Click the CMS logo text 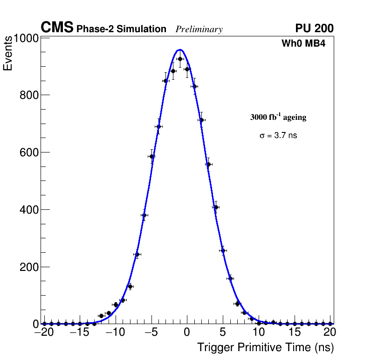(x=57, y=28)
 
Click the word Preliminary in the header (x=199, y=29)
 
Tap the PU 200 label (x=314, y=28)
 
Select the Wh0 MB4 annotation (x=303, y=44)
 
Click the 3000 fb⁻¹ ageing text (x=278, y=117)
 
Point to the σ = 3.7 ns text (x=278, y=136)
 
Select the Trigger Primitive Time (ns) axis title (x=265, y=347)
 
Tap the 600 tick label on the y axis (x=28, y=152)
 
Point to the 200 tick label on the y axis (x=28, y=267)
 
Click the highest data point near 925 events (x=180, y=59)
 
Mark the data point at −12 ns (x=101, y=316)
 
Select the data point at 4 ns (x=216, y=207)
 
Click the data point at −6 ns (x=144, y=215)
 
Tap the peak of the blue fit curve (x=180, y=49)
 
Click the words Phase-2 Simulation (x=121, y=29)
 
